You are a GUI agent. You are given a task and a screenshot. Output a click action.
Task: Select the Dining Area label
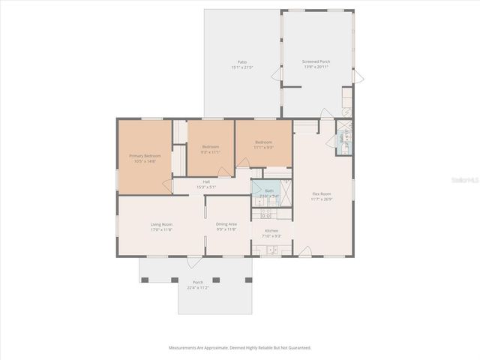pos(226,224)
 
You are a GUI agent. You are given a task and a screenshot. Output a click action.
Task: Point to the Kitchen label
pos(271,230)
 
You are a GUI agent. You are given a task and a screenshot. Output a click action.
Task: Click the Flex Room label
pos(322,193)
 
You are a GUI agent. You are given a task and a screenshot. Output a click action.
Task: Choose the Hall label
pos(205,181)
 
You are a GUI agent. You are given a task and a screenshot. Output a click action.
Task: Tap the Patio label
pos(242,61)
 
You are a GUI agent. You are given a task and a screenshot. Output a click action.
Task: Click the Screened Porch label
pos(316,61)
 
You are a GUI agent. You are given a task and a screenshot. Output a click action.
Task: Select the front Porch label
pos(198,282)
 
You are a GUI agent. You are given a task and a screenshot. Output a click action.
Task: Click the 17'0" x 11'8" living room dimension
pos(162,230)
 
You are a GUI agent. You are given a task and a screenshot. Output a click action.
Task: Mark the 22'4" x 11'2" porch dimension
pos(198,287)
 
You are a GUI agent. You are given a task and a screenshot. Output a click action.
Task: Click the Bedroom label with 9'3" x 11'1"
pos(210,146)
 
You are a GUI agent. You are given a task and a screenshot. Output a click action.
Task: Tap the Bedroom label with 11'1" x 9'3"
pos(263,142)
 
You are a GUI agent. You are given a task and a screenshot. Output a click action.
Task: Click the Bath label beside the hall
pos(269,190)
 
